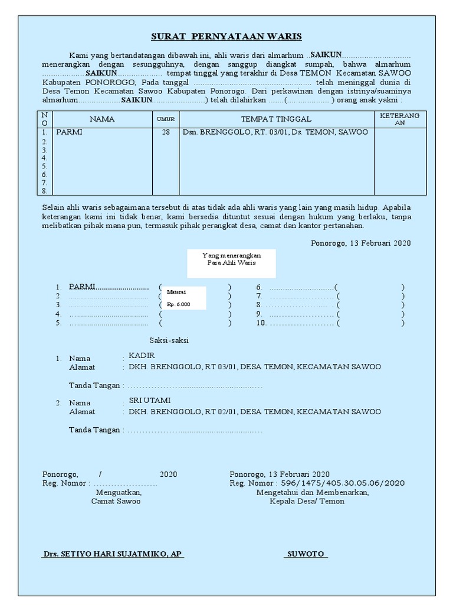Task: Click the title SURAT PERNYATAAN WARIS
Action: (226, 37)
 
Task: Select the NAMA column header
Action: (102, 119)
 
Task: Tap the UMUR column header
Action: (165, 119)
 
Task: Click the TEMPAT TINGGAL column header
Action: (276, 119)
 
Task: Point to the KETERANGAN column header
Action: (399, 119)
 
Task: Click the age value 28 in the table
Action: (165, 132)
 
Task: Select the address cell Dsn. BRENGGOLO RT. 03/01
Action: (275, 132)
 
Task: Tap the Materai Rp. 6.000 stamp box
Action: (184, 298)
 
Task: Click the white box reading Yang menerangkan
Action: (231, 263)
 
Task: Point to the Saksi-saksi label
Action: (169, 341)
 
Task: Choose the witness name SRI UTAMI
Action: (150, 400)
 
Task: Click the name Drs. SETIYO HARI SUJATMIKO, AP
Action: (113, 554)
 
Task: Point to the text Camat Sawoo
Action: (116, 501)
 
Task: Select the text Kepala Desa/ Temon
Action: (307, 501)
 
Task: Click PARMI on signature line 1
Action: (82, 287)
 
